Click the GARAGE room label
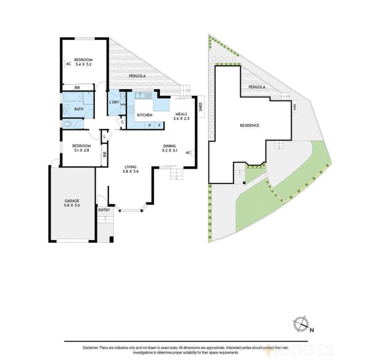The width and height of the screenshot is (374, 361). tap(71, 201)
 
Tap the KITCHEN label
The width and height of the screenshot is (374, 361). tap(144, 115)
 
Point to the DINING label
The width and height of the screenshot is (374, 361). tap(169, 146)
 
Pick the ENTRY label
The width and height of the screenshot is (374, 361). tap(104, 210)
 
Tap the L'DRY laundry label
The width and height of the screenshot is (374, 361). tap(114, 102)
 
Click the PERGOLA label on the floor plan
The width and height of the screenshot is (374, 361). tap(137, 76)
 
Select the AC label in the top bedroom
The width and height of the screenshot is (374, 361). tap(68, 64)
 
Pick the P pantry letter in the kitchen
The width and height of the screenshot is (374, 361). tap(150, 125)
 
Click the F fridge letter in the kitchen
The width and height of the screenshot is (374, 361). tap(159, 125)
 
